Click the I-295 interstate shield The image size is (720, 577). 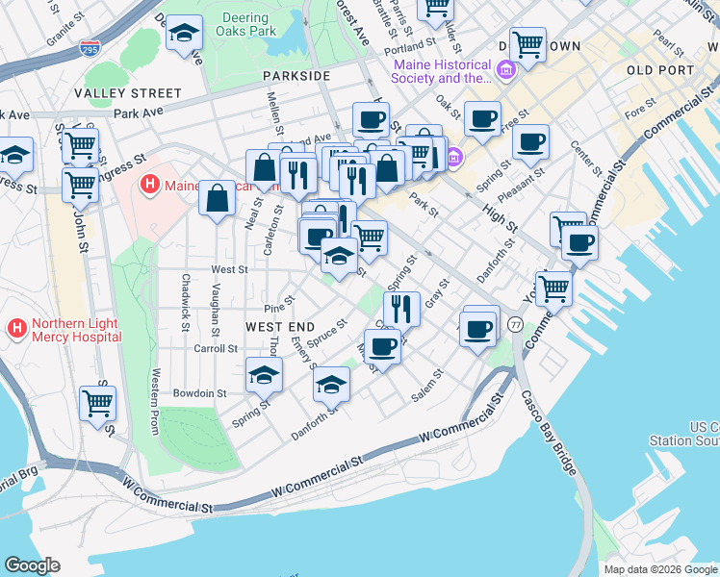point(90,48)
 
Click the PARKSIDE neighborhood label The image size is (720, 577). point(296,75)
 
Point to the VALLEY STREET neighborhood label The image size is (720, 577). point(127,93)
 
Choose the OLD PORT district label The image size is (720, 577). point(658,71)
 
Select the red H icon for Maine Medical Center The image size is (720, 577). point(150,185)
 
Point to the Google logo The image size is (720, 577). point(33,564)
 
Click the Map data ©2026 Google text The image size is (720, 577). point(660,569)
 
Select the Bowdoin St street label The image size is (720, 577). point(199,393)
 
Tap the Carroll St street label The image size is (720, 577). point(215,348)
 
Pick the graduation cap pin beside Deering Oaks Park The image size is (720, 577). point(184,34)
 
